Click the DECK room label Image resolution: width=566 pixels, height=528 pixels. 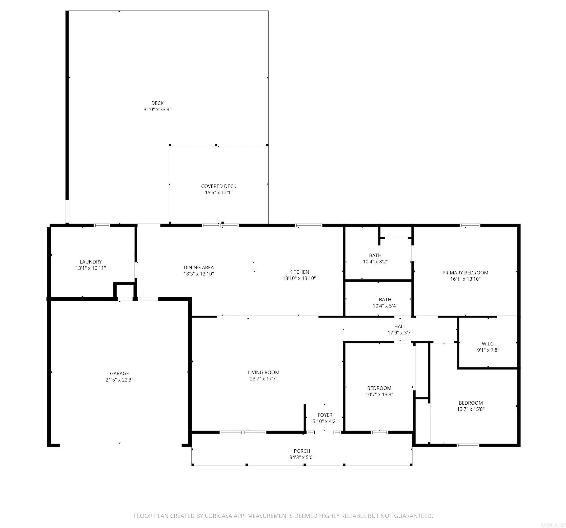(157, 103)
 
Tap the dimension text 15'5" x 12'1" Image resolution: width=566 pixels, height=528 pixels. (219, 193)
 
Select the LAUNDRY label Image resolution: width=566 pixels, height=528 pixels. (91, 262)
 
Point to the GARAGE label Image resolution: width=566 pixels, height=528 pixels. (119, 373)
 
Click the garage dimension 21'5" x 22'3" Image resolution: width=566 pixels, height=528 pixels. (119, 380)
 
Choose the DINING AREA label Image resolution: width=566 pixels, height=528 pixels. (198, 268)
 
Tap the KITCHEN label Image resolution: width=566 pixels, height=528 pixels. (299, 272)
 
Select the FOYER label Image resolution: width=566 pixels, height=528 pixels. (325, 415)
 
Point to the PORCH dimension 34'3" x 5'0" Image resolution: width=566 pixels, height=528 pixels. (302, 457)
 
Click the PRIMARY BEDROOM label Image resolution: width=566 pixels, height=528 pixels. (465, 273)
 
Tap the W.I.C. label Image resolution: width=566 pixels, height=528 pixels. (488, 344)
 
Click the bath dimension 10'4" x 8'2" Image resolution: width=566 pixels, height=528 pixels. (375, 262)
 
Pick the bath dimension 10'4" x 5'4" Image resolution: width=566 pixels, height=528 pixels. (385, 306)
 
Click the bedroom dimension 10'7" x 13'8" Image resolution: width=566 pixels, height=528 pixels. (379, 394)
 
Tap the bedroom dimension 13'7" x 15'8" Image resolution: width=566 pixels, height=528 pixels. (471, 409)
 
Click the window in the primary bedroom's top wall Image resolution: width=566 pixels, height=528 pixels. (470, 226)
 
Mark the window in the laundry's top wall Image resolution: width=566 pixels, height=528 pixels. (102, 225)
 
